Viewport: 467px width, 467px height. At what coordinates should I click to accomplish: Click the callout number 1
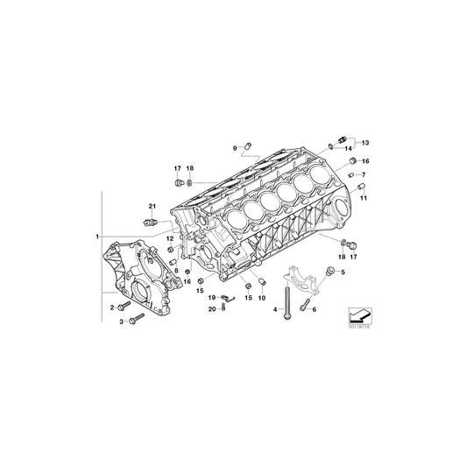(x=98, y=237)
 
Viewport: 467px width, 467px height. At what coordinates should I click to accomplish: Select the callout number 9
(x=235, y=147)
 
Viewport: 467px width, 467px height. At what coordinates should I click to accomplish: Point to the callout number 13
(x=365, y=142)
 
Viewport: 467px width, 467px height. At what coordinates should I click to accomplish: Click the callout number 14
(x=349, y=149)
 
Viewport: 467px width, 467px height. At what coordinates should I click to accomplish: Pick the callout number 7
(x=364, y=175)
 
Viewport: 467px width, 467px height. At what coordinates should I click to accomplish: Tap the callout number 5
(x=343, y=272)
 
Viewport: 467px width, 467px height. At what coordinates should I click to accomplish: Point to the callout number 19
(x=212, y=297)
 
